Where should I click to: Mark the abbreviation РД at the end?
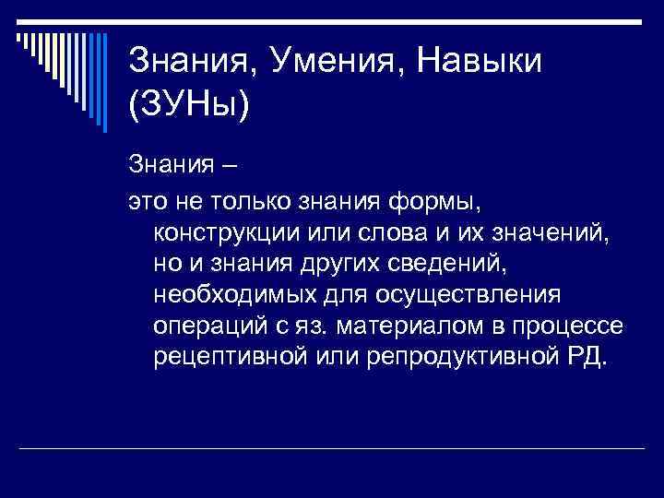click(x=585, y=358)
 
